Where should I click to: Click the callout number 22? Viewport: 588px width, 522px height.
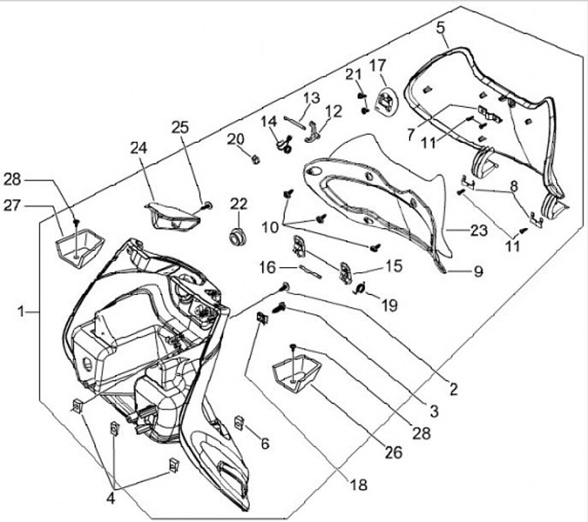point(238,203)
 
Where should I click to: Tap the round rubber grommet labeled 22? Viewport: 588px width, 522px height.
point(238,237)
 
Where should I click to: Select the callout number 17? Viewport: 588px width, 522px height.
point(377,65)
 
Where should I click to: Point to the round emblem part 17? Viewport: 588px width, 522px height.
point(384,102)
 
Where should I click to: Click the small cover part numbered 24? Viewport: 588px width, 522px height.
point(171,216)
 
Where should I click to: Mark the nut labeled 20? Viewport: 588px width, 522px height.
point(254,158)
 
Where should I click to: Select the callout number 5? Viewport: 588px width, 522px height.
point(441,29)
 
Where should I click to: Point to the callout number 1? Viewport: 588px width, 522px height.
point(22,310)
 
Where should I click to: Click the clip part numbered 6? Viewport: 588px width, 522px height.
point(240,422)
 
